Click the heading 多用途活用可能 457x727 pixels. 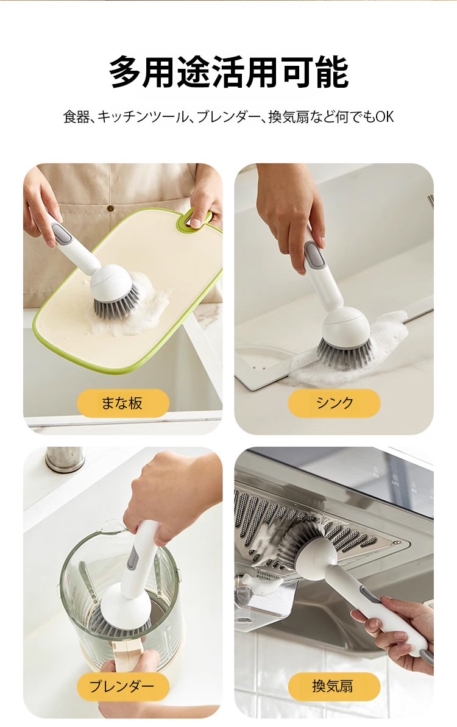coord(228,72)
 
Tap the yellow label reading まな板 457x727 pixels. coord(123,403)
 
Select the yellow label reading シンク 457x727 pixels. coord(334,403)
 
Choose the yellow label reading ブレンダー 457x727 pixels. coord(123,686)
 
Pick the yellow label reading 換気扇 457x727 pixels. coord(334,686)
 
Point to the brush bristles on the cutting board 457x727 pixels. coord(115,303)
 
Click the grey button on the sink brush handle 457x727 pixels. coord(314,257)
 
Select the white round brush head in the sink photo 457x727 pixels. coord(345,327)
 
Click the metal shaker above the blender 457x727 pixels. coord(65,458)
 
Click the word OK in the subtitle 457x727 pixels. coord(384,117)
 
